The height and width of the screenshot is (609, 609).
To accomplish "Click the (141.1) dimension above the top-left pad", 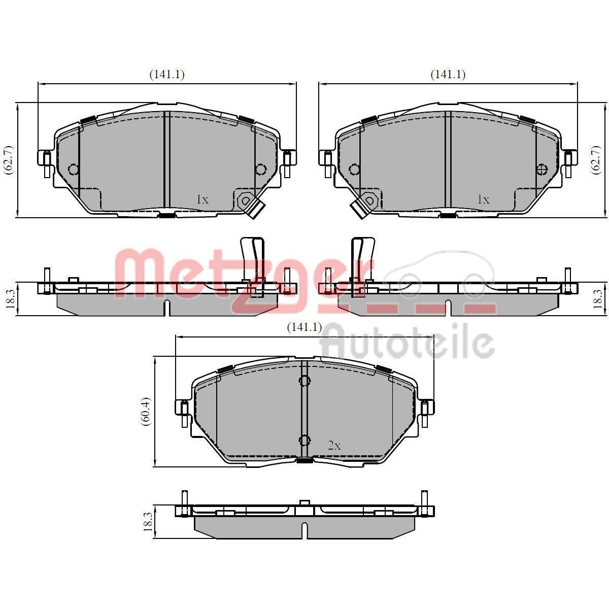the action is pyautogui.click(x=167, y=74).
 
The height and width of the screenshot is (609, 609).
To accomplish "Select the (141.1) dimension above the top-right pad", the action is pyautogui.click(x=448, y=74).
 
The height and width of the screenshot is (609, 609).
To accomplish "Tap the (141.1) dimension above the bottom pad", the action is pyautogui.click(x=304, y=327).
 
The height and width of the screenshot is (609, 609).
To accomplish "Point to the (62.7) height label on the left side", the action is pyautogui.click(x=10, y=159).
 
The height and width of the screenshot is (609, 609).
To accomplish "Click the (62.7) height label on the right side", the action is pyautogui.click(x=596, y=159).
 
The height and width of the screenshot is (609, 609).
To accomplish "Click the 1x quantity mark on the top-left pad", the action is pyautogui.click(x=202, y=199).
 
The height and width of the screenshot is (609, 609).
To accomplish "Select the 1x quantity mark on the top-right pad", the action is pyautogui.click(x=484, y=199).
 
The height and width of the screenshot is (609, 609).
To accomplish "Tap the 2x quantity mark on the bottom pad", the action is pyautogui.click(x=334, y=446).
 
